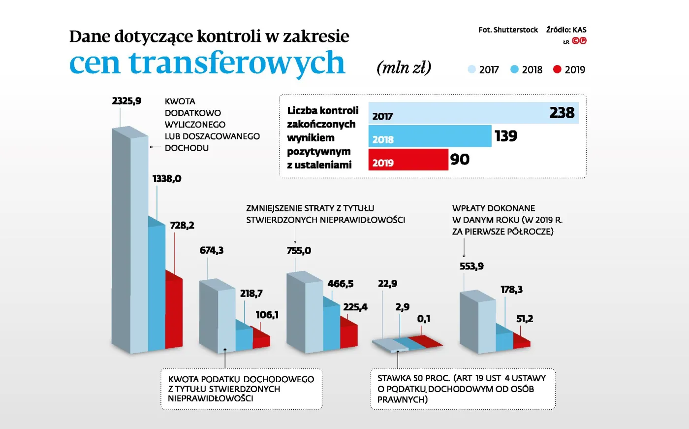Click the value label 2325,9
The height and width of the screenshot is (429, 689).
[x=126, y=101]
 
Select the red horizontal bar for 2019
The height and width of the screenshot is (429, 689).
[x=408, y=160]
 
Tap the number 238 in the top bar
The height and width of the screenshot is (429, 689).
[x=562, y=113]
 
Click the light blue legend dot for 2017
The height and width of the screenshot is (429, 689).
[x=471, y=69]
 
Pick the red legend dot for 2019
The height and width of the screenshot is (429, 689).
[x=557, y=69]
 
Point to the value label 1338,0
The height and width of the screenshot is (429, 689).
[x=167, y=179]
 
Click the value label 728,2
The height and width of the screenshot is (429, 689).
[x=182, y=226]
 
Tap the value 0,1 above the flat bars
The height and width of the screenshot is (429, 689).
[x=424, y=319]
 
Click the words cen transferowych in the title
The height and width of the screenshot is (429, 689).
[x=207, y=63]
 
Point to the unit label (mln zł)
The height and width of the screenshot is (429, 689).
[x=404, y=67]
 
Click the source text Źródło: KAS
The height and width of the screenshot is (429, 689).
[x=566, y=30]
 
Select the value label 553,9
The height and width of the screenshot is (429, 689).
[x=471, y=266]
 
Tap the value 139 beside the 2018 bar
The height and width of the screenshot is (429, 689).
[x=506, y=136]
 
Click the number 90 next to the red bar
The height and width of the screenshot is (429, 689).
[x=460, y=160]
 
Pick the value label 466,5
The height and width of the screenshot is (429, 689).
[x=341, y=284]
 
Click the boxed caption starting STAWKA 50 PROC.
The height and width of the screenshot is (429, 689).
[x=462, y=389]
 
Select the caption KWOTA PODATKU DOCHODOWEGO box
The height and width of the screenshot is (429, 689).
[x=241, y=389]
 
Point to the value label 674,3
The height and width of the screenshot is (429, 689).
[x=212, y=251]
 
